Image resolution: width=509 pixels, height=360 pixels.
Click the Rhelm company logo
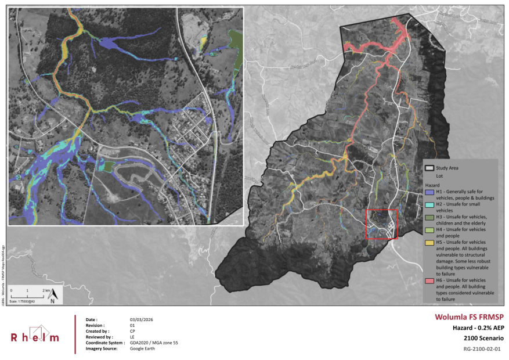coord(35,335)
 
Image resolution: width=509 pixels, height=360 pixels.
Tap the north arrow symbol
coord(52,295)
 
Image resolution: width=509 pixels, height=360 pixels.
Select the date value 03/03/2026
coord(142,320)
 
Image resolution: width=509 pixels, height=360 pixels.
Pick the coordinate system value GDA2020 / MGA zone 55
coord(154,343)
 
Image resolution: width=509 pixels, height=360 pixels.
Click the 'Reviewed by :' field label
coord(99,337)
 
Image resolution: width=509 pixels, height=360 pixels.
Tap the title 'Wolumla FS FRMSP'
coord(468,318)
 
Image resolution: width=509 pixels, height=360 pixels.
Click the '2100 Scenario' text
coord(483,338)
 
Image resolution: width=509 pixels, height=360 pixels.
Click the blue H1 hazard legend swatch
coord(429,192)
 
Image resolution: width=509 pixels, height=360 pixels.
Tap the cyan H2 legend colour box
coord(429,204)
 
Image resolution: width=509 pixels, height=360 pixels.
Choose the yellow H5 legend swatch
coord(429,242)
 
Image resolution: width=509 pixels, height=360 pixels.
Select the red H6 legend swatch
coord(429,280)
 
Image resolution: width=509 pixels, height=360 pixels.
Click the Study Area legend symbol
coord(429,168)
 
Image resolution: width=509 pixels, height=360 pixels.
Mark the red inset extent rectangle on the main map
coord(381,224)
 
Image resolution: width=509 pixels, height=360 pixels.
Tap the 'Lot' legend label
coord(439,175)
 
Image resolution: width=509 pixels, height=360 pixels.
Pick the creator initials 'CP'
coord(132,331)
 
